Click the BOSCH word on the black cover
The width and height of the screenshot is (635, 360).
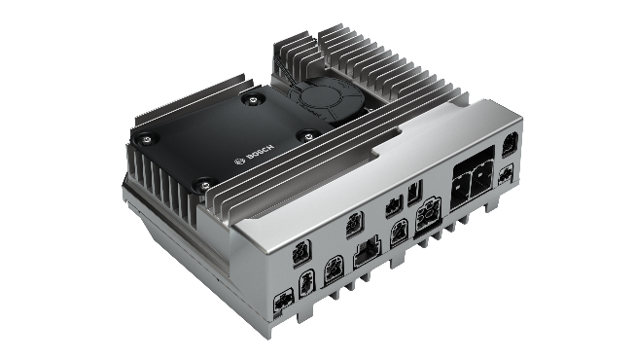click(x=260, y=153)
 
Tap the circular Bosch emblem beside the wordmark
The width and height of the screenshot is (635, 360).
click(x=239, y=161)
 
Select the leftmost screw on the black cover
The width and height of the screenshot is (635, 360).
click(x=147, y=140)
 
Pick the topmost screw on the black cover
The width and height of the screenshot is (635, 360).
click(x=253, y=98)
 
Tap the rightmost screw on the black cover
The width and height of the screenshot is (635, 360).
click(x=309, y=135)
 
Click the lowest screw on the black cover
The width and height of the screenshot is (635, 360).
click(x=205, y=186)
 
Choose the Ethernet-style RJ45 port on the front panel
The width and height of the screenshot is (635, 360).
click(x=367, y=252)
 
